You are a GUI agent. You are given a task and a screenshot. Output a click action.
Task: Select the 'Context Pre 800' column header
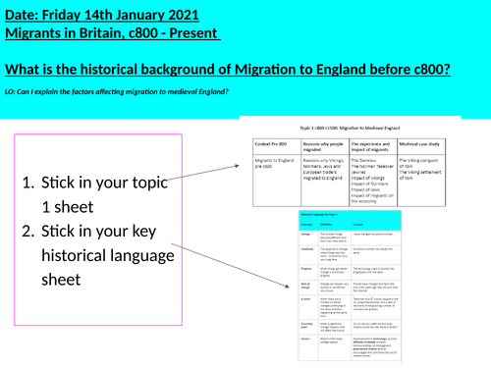(x=266, y=141)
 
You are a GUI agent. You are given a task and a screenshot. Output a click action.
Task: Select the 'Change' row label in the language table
(x=248, y=234)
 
